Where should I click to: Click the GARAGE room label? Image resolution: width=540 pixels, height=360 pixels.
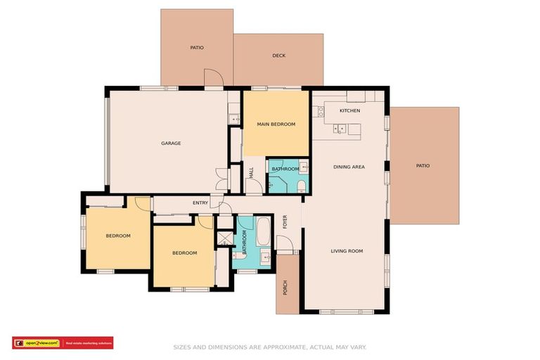tap(171, 143)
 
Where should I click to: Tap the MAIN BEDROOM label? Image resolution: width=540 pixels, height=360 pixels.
tap(276, 124)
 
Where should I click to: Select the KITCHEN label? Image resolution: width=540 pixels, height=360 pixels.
tap(349, 111)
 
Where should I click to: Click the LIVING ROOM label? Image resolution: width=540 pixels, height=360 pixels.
tap(347, 251)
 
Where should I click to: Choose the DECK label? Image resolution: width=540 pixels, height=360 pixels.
tap(279, 56)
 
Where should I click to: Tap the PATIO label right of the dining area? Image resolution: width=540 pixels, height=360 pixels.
tap(423, 166)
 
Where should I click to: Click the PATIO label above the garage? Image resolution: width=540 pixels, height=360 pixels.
tap(197, 48)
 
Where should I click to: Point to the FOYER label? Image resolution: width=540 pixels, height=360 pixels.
tap(285, 222)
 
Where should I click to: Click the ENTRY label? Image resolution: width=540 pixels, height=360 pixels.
tap(200, 203)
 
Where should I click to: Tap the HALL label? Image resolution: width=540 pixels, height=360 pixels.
tap(251, 173)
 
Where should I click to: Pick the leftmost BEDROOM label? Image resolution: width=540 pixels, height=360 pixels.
tap(118, 236)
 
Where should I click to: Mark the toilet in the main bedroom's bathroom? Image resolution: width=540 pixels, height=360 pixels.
tap(302, 186)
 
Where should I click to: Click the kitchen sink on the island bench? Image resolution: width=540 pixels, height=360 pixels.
tap(338, 129)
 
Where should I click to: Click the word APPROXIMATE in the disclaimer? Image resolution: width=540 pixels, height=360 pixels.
tap(276, 347)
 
